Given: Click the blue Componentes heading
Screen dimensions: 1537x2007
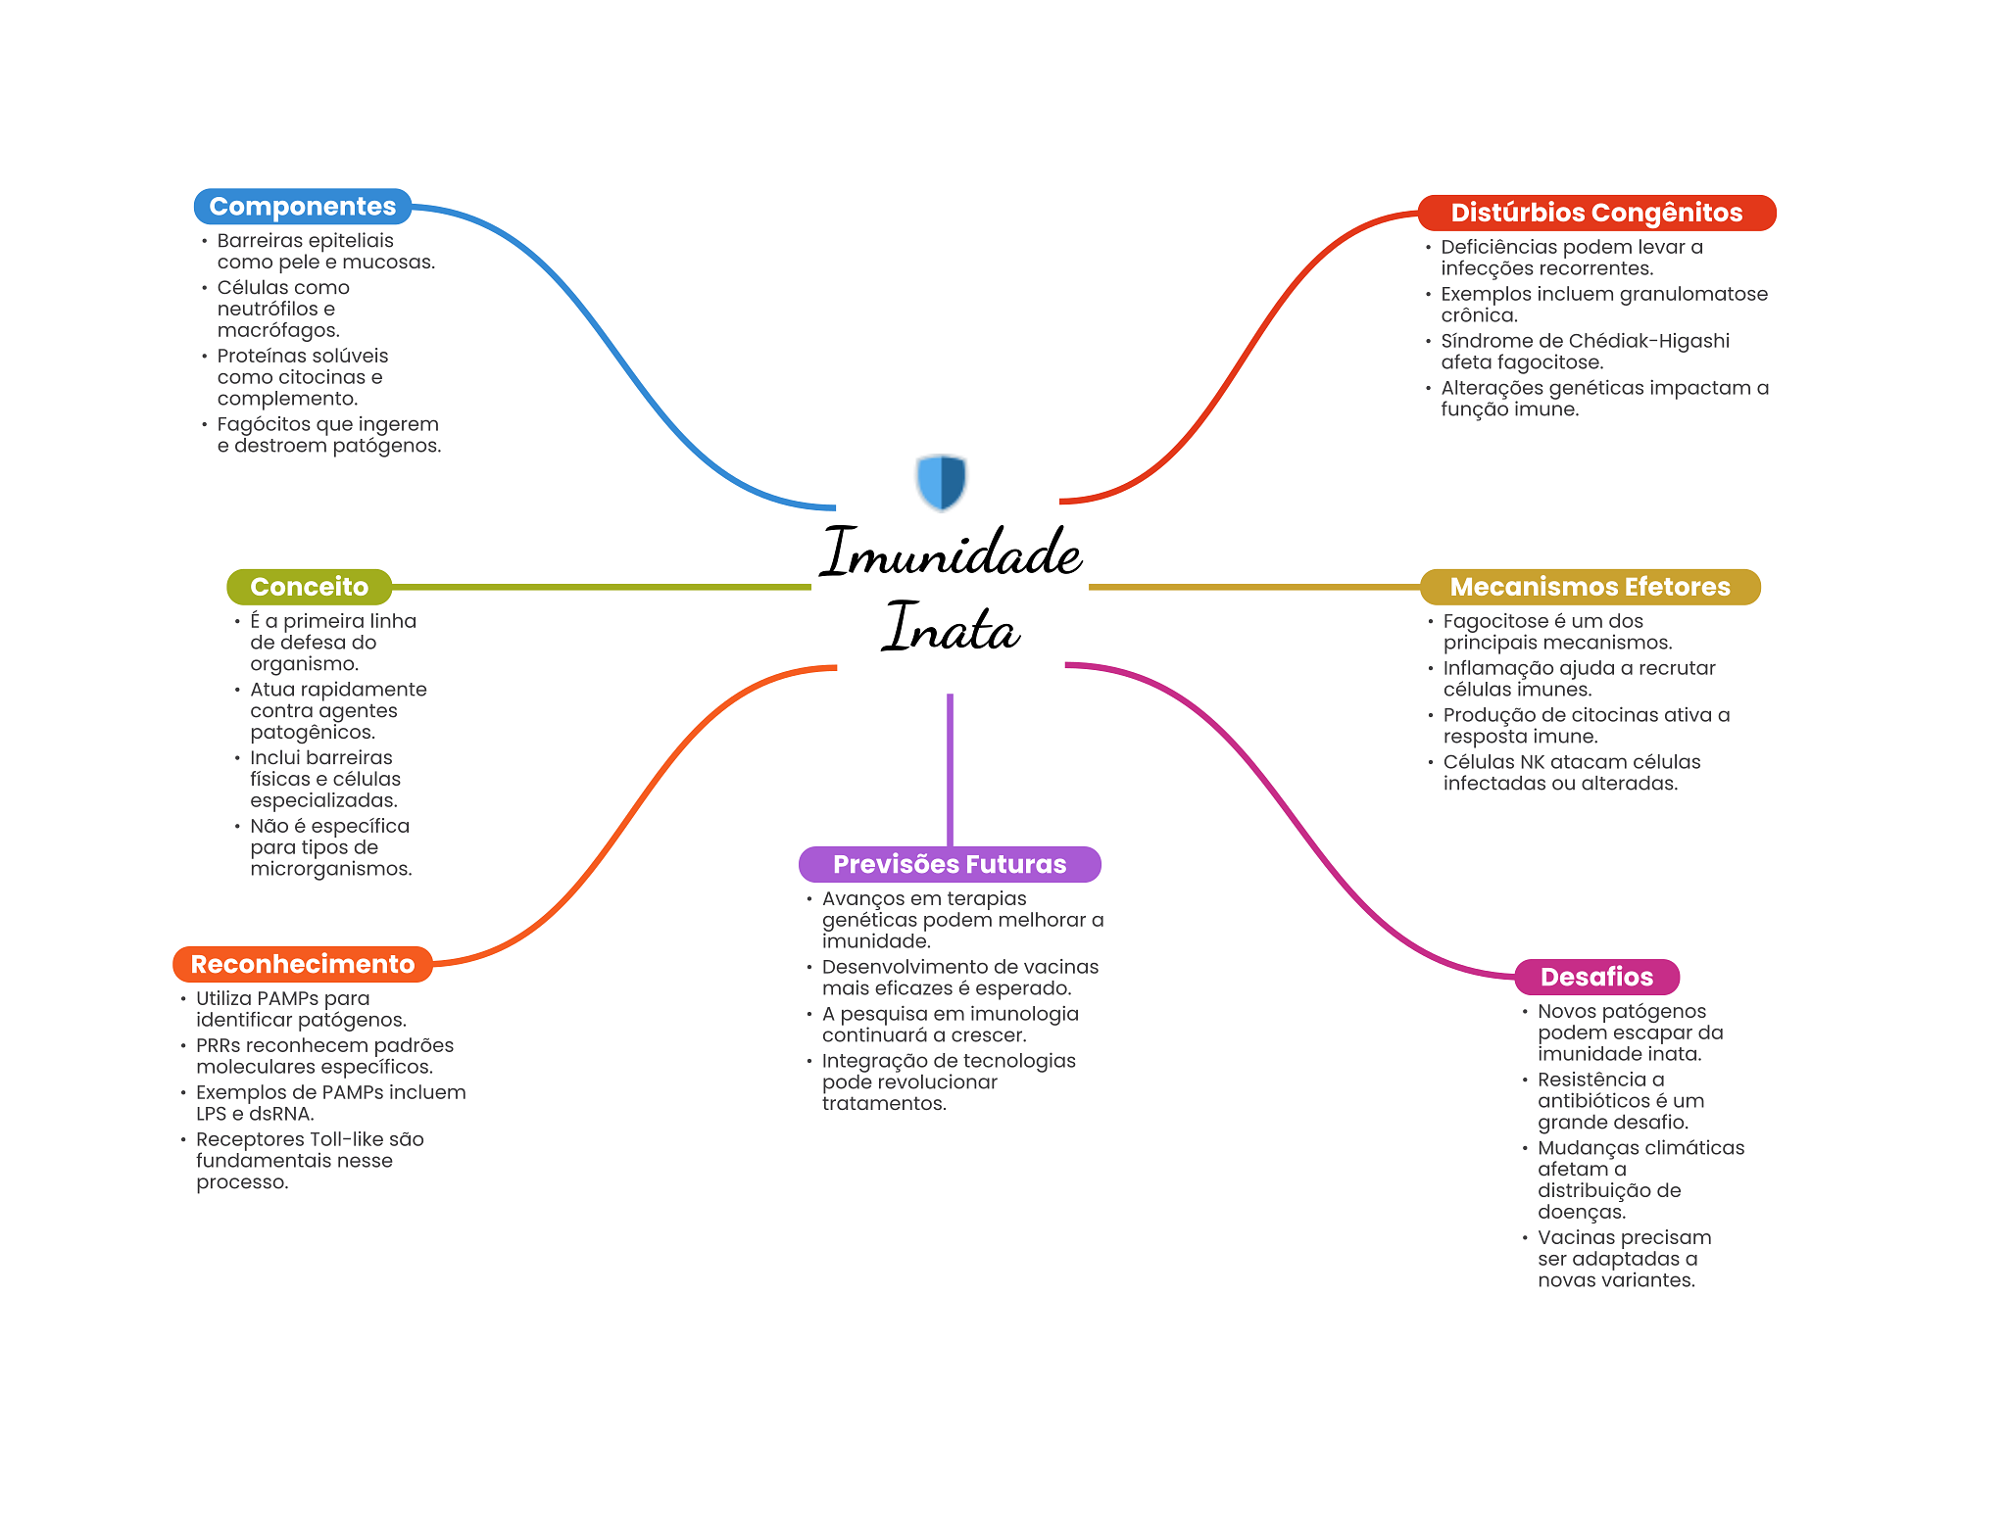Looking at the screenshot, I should point(302,207).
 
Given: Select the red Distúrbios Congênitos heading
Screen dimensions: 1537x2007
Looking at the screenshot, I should point(1595,213).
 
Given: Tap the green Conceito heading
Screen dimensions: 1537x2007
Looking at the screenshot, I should point(309,587).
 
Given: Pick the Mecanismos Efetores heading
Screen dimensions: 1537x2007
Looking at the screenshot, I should point(1589,587).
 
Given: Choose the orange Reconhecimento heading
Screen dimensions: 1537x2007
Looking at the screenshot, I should point(302,964).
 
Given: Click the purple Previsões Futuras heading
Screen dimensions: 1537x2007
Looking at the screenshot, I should point(949,864).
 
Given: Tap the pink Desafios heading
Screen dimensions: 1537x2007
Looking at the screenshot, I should point(1595,977).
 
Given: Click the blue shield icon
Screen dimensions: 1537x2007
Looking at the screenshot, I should point(941,481).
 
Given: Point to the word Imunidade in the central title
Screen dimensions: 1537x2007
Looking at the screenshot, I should point(951,553).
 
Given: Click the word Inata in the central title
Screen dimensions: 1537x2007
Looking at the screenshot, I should point(951,628).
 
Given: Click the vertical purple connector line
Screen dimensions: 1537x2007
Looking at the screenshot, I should point(950,769).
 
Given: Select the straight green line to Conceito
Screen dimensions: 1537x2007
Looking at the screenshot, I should point(600,587).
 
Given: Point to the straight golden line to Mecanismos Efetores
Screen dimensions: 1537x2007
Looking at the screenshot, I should point(1254,587).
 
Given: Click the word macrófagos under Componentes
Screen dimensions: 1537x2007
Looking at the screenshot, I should point(278,330).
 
